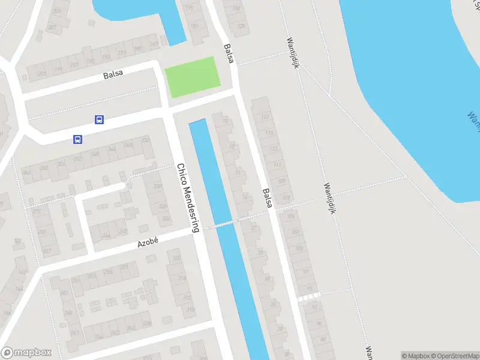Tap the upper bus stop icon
coord(99,120)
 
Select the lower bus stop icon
coord(77,140)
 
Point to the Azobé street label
coord(148,242)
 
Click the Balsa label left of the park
coord(113,74)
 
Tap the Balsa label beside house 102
coord(267,198)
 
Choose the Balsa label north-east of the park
coord(228,53)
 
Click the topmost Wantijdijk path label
coord(293,53)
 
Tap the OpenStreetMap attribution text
coord(454,356)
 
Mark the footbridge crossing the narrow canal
coord(226,224)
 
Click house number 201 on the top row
coord(41,74)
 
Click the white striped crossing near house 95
coord(308,297)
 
